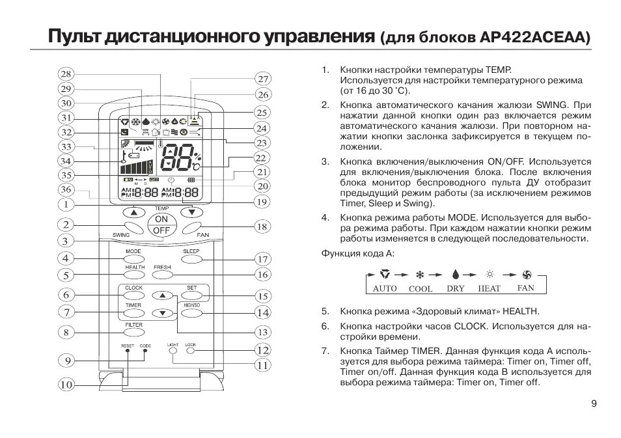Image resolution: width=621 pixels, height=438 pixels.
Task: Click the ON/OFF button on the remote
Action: [x=161, y=225]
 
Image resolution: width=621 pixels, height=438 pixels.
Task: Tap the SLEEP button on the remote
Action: [x=191, y=259]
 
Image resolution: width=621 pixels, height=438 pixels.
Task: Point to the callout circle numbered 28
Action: [x=66, y=74]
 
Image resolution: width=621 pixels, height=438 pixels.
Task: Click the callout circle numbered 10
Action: [x=66, y=385]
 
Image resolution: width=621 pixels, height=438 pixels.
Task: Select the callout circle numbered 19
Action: [x=262, y=202]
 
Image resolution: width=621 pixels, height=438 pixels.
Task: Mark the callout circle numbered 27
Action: [x=262, y=79]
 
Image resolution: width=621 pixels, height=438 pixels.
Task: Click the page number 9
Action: [x=594, y=404]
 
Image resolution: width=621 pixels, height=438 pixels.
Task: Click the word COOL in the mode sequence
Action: [x=420, y=288]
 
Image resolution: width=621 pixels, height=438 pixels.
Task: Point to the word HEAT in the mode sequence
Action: [x=489, y=288]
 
